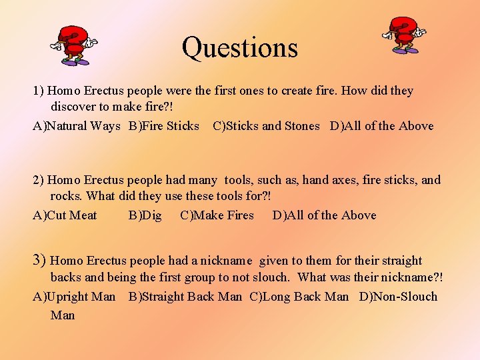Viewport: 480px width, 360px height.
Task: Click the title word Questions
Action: (x=239, y=47)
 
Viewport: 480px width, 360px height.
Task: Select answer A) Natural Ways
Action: (x=77, y=126)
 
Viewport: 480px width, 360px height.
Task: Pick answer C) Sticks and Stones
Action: (x=266, y=126)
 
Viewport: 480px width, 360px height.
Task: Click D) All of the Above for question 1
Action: (x=381, y=126)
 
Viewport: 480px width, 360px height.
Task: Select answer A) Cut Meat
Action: (x=65, y=215)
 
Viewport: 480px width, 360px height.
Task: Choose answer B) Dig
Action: (x=145, y=215)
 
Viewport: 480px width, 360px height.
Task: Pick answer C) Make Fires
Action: (x=217, y=215)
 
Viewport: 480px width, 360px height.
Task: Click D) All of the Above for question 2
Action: (x=324, y=215)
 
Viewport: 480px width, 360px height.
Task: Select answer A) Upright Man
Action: (x=74, y=297)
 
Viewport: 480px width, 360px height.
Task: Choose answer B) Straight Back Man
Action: (x=185, y=297)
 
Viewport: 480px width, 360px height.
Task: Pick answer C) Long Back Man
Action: (x=299, y=297)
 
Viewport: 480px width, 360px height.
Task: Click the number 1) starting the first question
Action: (x=38, y=91)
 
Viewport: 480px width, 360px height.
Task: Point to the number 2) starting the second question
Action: (x=38, y=180)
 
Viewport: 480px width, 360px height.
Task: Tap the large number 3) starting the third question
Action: (x=39, y=260)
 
